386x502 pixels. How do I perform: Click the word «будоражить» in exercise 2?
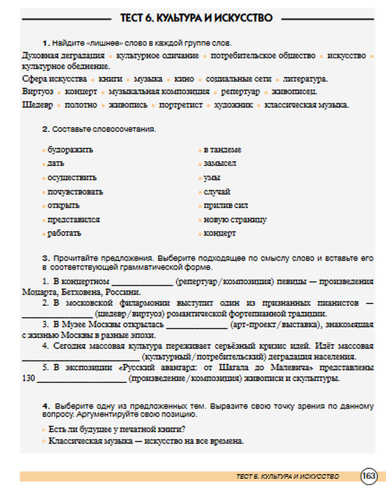tap(70, 150)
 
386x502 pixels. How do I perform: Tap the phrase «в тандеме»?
tap(222, 150)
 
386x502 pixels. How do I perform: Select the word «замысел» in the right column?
tap(220, 163)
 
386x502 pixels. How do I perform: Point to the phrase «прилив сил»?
tap(225, 205)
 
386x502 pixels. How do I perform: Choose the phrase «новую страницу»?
tap(235, 220)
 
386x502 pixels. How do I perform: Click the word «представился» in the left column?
tap(73, 220)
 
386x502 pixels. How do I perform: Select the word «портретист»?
tap(181, 105)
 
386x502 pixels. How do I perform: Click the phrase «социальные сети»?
tap(238, 79)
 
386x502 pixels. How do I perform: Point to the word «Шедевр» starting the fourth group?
tap(37, 105)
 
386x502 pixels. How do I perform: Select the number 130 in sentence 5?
tap(29, 378)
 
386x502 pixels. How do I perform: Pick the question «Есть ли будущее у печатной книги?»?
tap(117, 429)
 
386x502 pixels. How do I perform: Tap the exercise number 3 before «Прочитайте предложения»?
tap(46, 258)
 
